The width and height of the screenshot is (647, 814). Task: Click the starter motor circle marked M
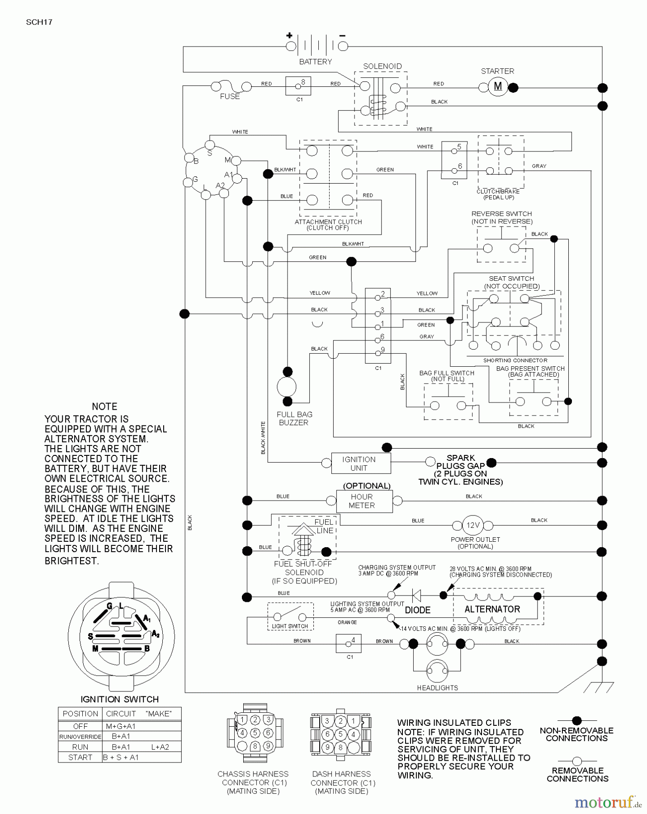[498, 86]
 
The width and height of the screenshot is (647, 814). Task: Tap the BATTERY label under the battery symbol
[315, 62]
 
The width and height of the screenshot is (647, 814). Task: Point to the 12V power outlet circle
[472, 525]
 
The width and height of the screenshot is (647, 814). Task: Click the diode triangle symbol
[417, 596]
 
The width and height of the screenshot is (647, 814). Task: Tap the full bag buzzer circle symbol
[287, 387]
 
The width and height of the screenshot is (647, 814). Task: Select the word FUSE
[230, 96]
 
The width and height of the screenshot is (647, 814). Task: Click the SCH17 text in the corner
[39, 22]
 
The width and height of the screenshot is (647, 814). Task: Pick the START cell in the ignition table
[80, 757]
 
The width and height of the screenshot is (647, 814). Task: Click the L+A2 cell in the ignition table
[160, 747]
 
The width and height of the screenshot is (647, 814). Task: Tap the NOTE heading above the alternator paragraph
[104, 407]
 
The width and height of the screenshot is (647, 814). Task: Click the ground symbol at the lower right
[598, 687]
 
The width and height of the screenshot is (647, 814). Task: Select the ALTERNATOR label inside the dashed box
[492, 609]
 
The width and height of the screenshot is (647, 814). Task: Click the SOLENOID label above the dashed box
[382, 66]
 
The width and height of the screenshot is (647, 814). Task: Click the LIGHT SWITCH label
[290, 626]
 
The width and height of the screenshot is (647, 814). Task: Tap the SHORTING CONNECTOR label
[515, 360]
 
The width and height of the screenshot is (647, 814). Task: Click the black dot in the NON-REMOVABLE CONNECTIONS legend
[576, 721]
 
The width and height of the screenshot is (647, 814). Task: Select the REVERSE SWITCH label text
[501, 214]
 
